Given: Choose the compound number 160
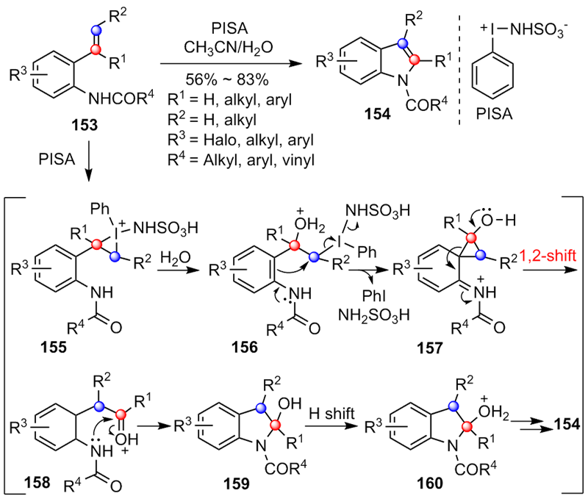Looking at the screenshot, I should click(x=434, y=482).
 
